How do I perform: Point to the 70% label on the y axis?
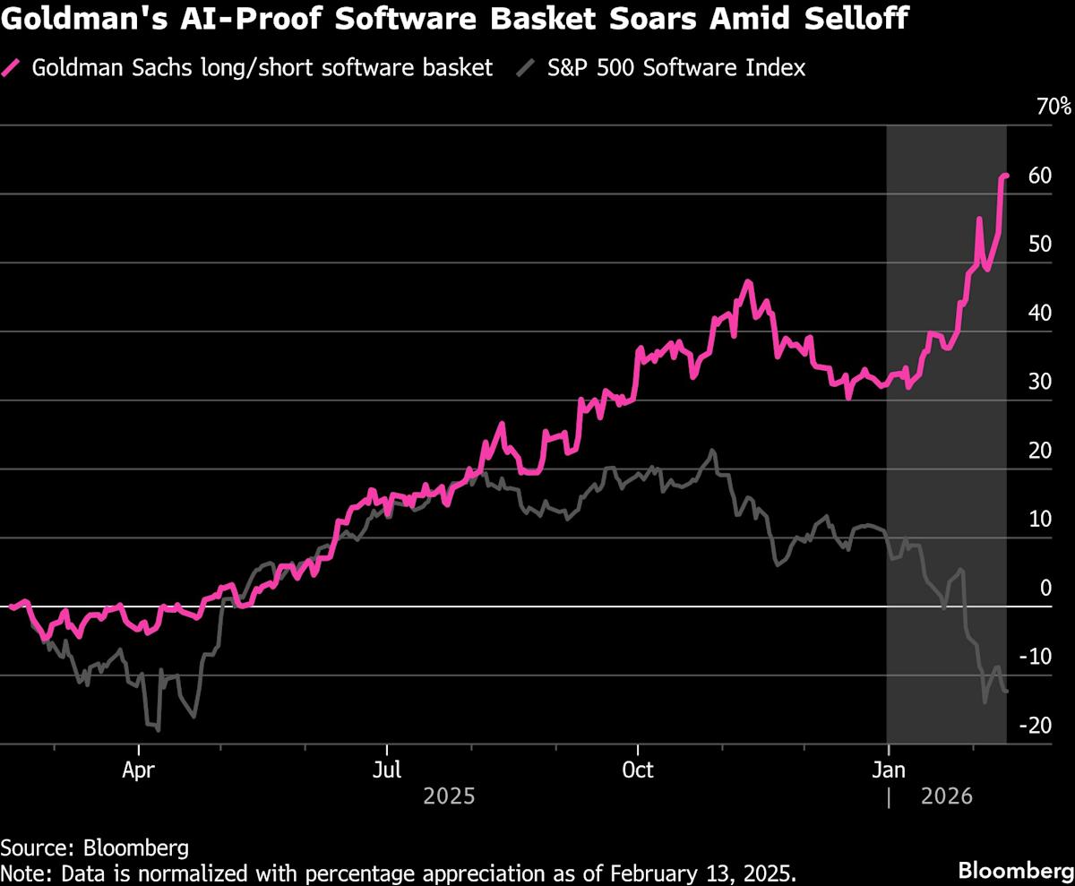1053,107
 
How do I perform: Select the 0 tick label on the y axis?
1045,588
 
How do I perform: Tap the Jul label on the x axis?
387,770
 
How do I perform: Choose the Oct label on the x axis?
638,770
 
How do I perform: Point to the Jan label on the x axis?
888,770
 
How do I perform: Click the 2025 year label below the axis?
450,796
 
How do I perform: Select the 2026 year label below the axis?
946,796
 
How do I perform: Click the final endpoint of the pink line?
1007,176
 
